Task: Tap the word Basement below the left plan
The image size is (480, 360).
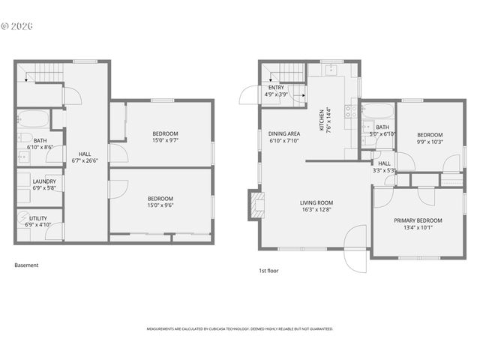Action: (26, 265)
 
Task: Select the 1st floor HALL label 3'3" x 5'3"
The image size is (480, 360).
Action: (384, 166)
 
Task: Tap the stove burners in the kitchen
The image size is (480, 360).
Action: (348, 112)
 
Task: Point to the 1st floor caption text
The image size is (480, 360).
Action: (268, 270)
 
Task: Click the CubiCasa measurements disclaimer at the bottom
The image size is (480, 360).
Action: (239, 328)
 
